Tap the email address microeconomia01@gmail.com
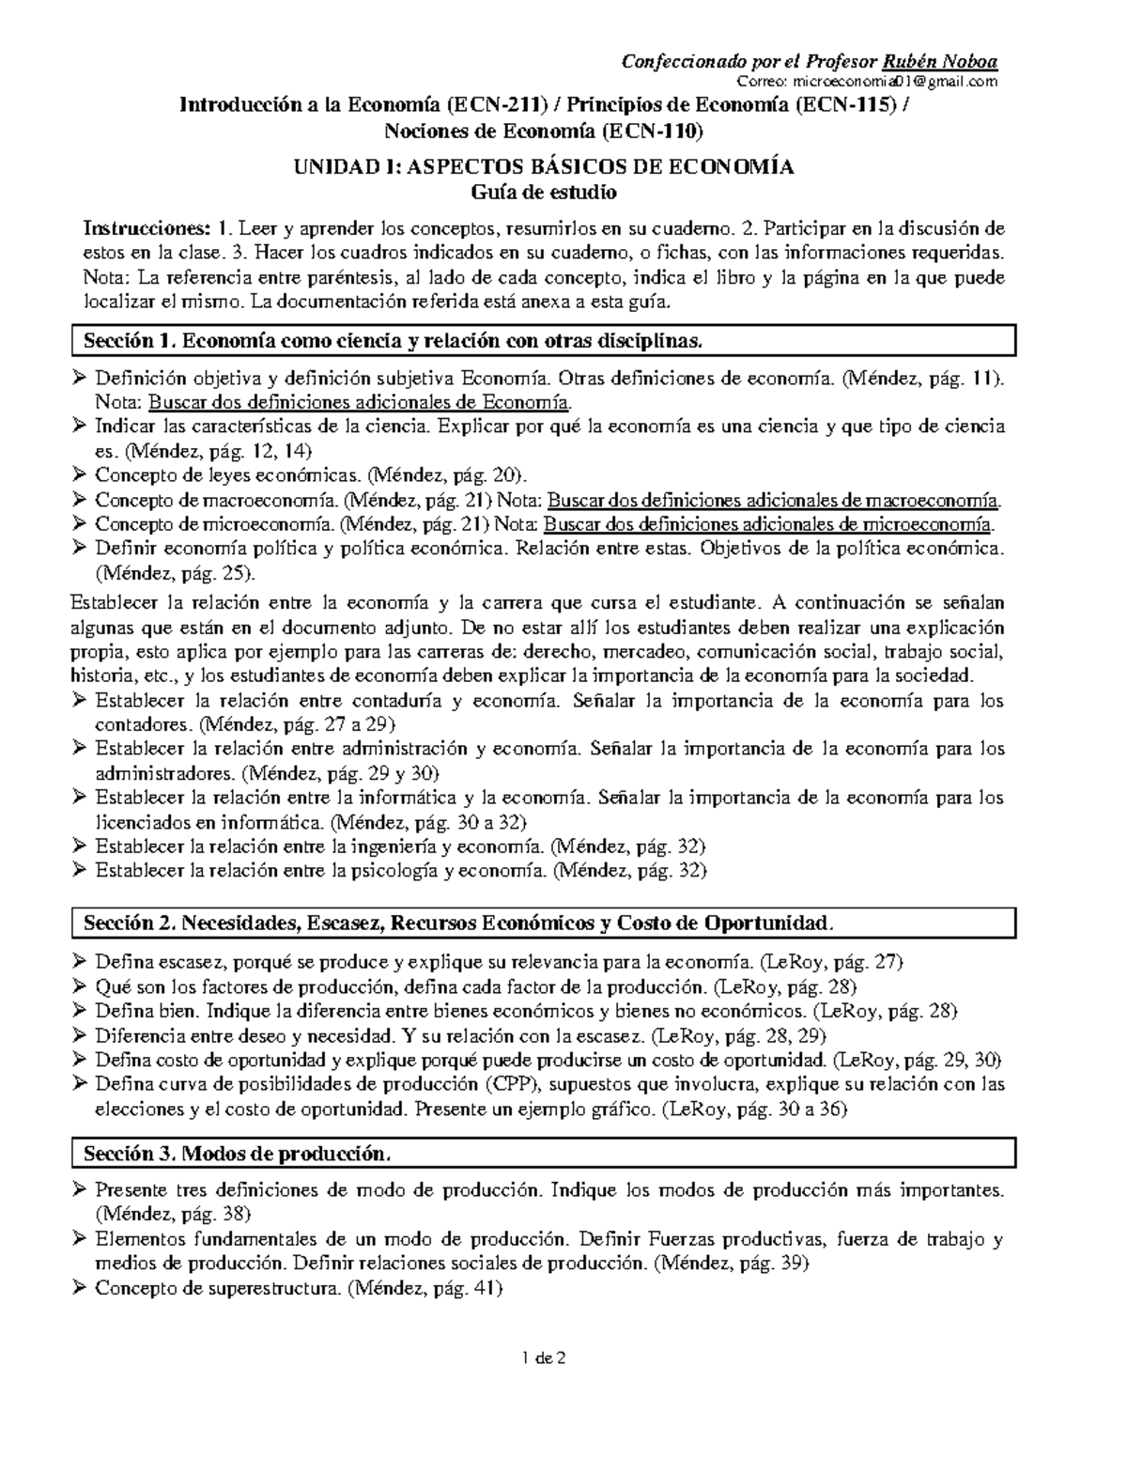[888, 83]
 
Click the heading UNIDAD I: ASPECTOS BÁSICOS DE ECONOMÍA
[544, 167]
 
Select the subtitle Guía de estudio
[544, 192]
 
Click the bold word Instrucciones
[147, 228]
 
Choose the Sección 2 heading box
[544, 924]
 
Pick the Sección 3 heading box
[544, 1153]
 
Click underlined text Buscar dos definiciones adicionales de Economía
[360, 402]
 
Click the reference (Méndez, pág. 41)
[425, 1289]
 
